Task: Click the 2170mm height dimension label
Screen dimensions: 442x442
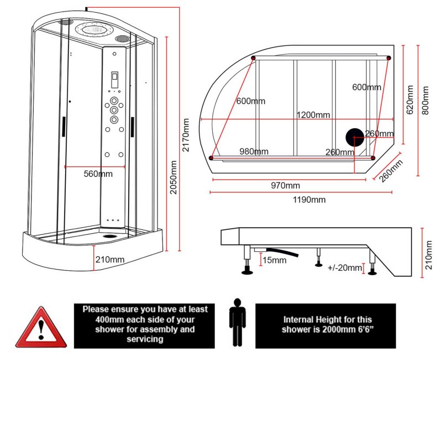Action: coord(186,135)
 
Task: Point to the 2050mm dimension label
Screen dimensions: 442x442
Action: coord(173,177)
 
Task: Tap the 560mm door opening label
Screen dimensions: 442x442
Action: coord(98,173)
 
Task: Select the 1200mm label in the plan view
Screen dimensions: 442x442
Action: coord(313,115)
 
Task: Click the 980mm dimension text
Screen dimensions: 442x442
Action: coord(254,151)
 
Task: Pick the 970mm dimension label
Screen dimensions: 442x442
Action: coord(285,185)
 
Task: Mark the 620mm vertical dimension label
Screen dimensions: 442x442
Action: coord(410,99)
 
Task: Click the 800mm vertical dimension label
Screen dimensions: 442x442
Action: coord(425,99)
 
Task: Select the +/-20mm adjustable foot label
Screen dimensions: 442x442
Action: coord(344,268)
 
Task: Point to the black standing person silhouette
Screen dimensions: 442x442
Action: coord(238,323)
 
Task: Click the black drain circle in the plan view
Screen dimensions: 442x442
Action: coord(355,137)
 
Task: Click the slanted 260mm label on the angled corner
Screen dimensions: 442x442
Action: coord(391,171)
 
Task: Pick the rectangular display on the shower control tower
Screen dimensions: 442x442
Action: coord(114,80)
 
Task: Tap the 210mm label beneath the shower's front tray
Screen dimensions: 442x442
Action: coord(109,259)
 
